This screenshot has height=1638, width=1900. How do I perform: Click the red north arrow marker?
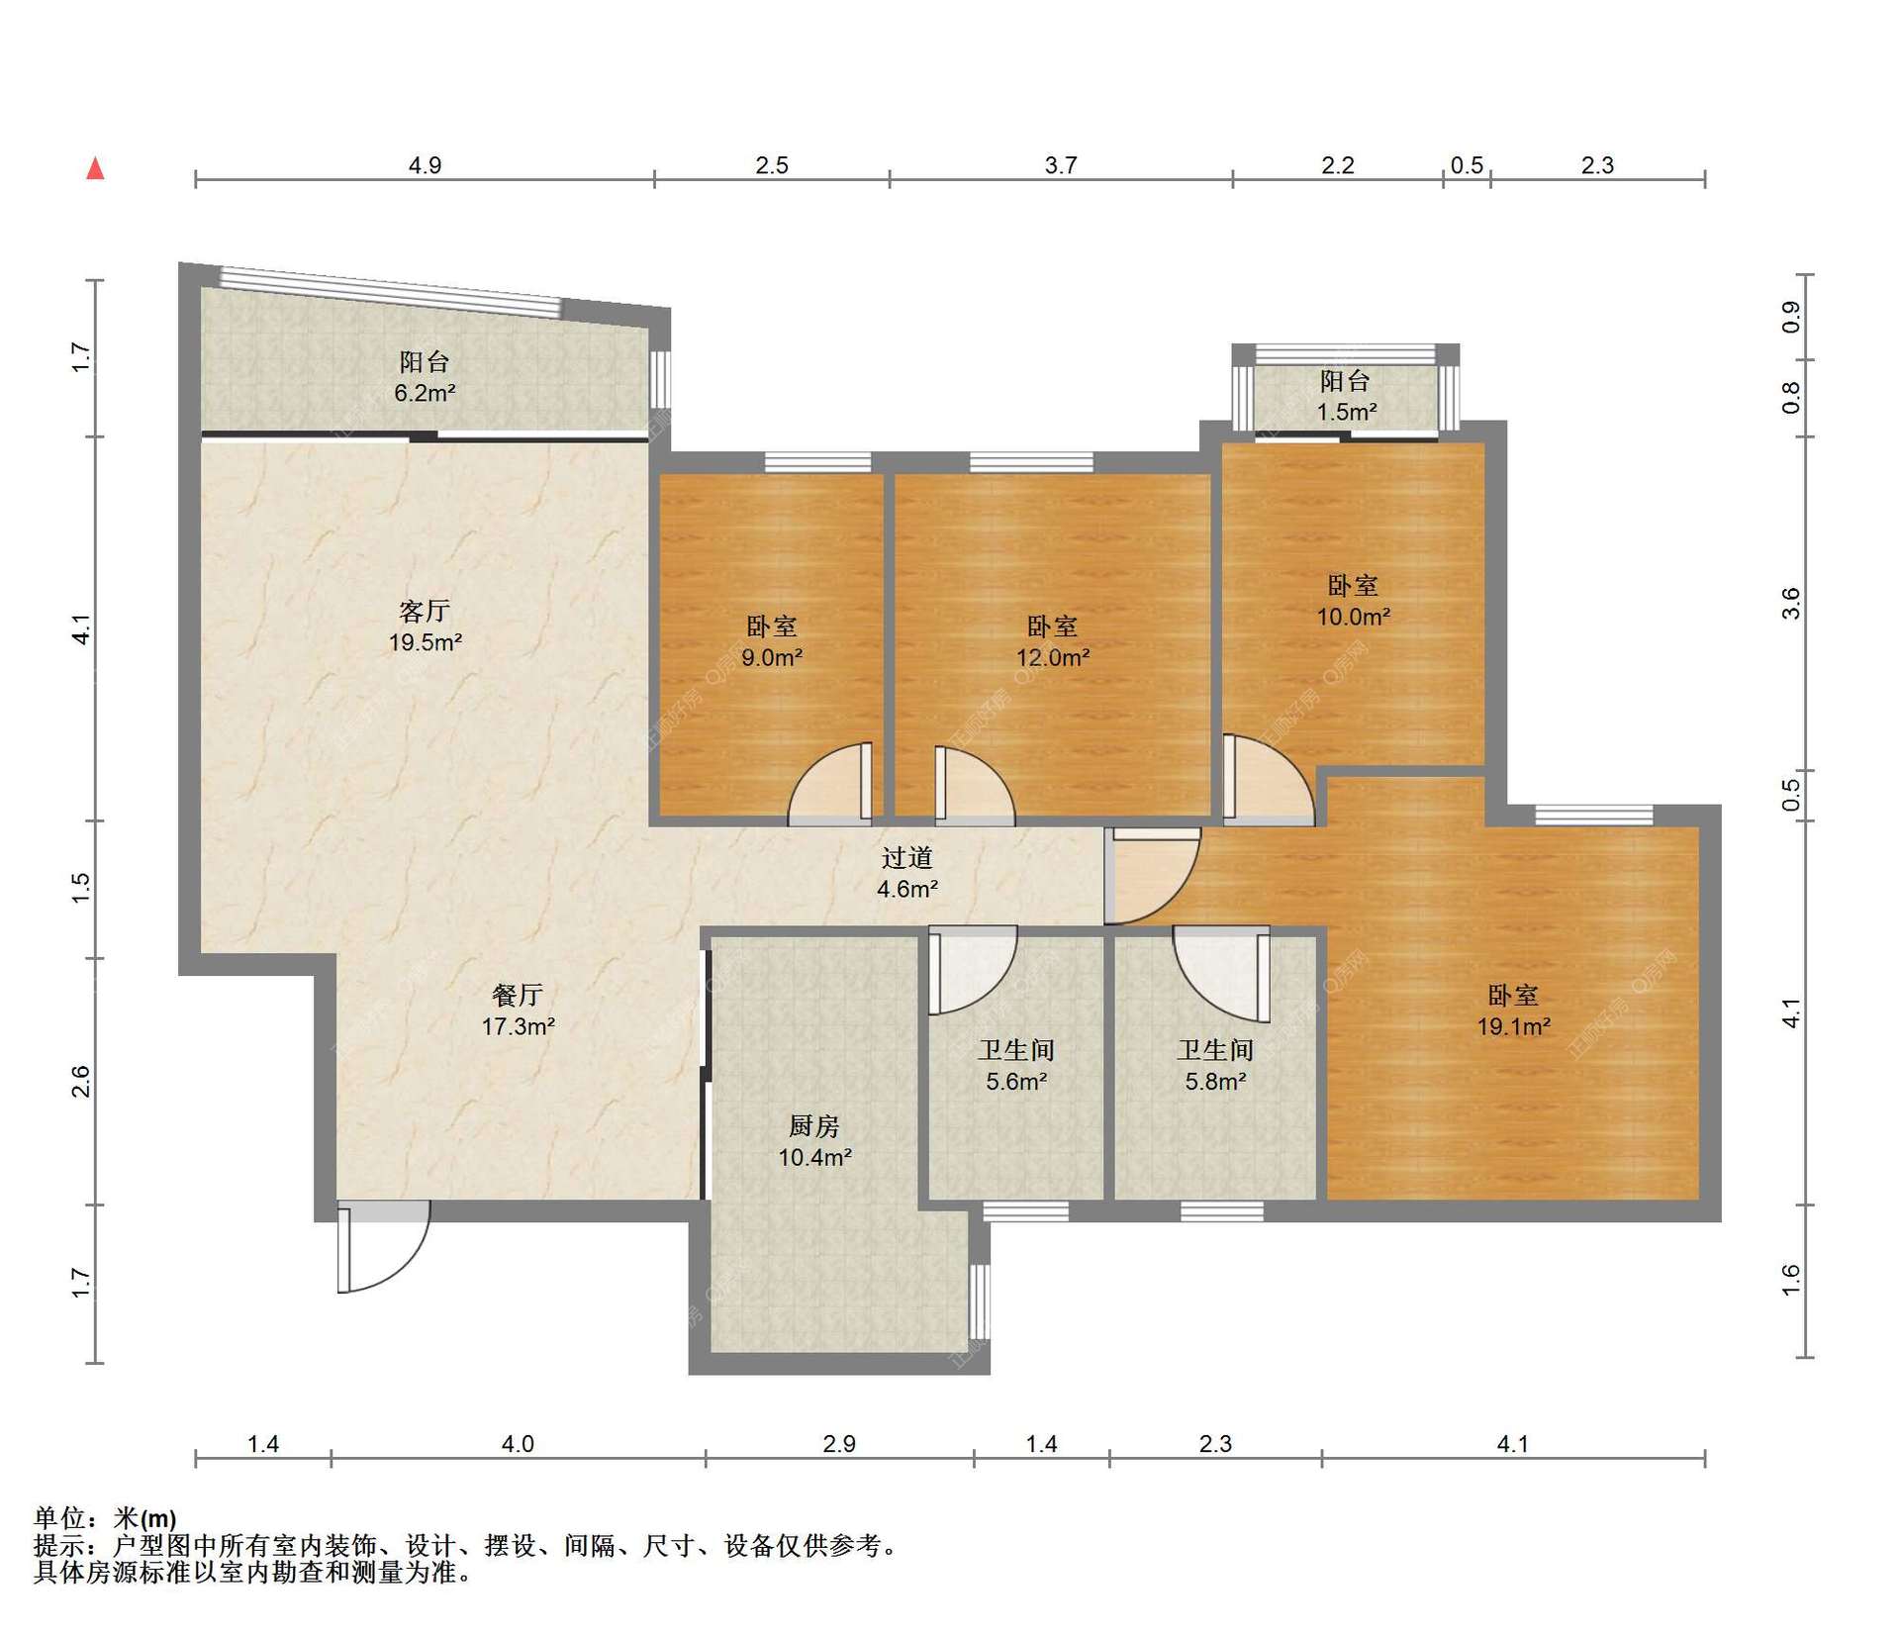95,168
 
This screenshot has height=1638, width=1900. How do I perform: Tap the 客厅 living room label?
425,611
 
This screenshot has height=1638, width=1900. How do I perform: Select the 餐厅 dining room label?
518,995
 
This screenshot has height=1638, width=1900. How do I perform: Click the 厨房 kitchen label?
814,1125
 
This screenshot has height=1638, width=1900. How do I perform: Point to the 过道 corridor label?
906,857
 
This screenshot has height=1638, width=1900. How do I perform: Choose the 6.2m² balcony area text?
425,393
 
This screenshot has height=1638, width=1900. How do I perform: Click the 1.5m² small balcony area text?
1346,412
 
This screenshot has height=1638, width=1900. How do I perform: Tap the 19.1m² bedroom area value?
1513,1026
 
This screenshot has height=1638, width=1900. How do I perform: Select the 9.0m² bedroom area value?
772,657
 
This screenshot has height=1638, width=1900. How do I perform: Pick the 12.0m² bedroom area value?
1053,657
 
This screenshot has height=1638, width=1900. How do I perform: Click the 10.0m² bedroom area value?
1353,617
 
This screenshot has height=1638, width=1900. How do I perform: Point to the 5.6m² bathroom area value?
1016,1082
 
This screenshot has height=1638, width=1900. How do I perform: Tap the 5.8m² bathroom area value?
1215,1082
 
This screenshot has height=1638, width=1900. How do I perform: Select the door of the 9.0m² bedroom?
833,784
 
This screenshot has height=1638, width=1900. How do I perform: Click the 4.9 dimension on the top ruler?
425,165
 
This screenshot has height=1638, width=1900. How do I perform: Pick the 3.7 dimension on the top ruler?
1061,165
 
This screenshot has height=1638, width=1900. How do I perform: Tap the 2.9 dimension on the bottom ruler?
839,1444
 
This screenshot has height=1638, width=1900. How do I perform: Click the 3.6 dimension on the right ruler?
1790,604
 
